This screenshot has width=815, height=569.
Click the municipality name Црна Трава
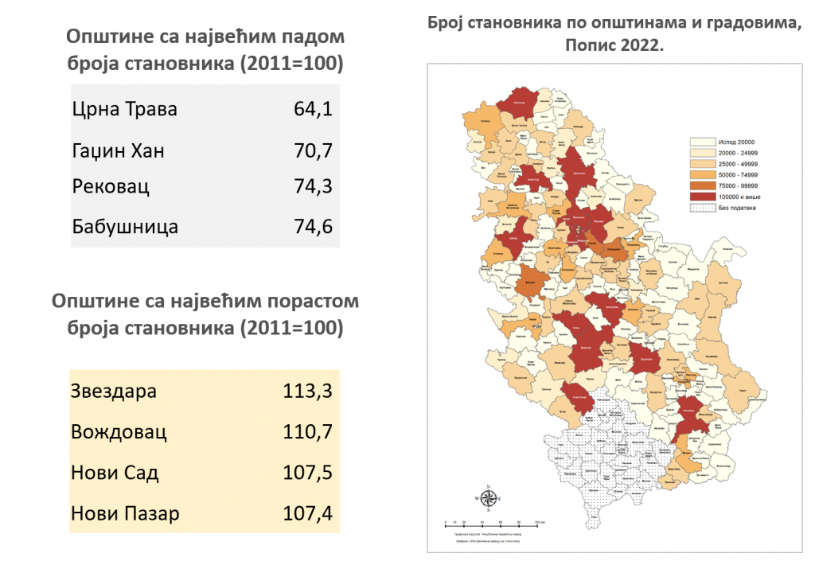(124, 109)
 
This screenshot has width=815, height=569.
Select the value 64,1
(312, 109)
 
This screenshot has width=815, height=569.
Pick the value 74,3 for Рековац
(312, 187)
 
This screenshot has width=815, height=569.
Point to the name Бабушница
(124, 226)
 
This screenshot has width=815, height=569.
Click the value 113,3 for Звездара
(306, 392)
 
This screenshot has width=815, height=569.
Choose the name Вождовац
(119, 432)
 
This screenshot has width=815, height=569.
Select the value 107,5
(306, 473)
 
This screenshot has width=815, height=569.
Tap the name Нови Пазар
(125, 513)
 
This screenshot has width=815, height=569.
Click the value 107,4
(306, 513)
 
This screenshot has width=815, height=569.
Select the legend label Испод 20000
(736, 141)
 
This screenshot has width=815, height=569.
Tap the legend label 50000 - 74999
(738, 173)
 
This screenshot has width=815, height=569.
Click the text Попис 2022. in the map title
(614, 45)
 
